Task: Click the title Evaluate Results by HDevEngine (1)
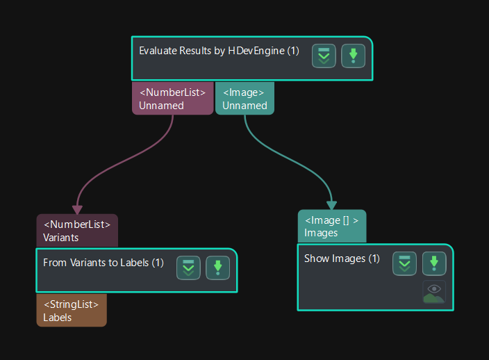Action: pos(219,51)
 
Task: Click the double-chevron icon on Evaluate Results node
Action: pos(324,56)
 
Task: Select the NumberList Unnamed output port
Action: pos(172,99)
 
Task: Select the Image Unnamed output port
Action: pos(244,99)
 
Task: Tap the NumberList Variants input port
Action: pos(77,231)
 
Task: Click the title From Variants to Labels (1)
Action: pos(103,263)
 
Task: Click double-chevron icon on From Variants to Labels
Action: pos(188,268)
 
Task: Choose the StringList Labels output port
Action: pos(72,311)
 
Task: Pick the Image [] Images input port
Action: pos(331,226)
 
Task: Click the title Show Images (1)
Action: pos(342,259)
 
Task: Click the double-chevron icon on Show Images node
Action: pos(405,263)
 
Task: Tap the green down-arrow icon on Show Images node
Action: pos(434,263)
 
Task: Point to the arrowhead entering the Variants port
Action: pos(77,209)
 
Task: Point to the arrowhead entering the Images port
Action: pos(331,204)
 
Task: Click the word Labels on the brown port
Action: pos(58,318)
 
